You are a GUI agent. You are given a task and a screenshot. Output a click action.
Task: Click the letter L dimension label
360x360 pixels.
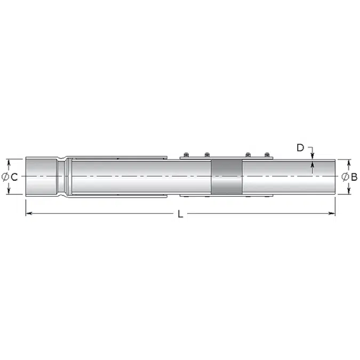(180, 214)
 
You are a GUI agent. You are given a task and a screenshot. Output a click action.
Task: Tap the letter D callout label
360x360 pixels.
(300, 148)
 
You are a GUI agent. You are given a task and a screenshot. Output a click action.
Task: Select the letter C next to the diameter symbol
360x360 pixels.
(14, 177)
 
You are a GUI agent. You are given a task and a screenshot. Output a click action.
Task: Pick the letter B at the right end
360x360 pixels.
(354, 177)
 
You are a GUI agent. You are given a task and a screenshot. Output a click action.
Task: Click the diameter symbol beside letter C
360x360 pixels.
(5, 177)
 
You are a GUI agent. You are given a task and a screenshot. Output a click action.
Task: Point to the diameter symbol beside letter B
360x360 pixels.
(345, 177)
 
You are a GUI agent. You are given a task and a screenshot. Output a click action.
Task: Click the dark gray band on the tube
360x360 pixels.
(226, 177)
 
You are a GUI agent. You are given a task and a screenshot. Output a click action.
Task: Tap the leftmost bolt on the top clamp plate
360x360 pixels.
(186, 155)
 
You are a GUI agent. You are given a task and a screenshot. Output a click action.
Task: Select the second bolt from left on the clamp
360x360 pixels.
(207, 155)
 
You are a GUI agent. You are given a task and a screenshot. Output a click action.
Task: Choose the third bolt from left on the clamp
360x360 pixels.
(248, 155)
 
